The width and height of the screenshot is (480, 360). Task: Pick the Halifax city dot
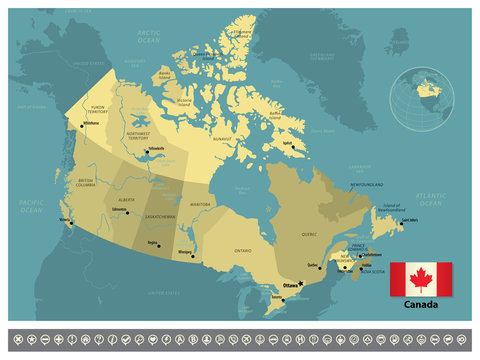click(360, 266)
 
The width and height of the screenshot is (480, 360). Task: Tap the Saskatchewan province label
click(159, 216)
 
